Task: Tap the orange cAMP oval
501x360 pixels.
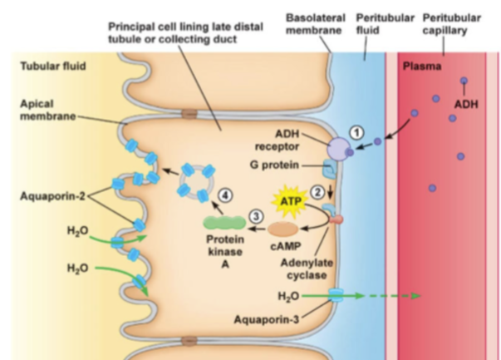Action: [282, 229]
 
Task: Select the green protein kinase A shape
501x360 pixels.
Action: [225, 223]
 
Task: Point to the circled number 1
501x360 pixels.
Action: [356, 133]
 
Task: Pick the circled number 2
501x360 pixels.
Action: [317, 192]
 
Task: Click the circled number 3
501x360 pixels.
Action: [256, 216]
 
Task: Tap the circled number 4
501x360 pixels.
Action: [225, 195]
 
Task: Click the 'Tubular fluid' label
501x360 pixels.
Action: [53, 67]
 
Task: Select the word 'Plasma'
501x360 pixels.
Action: [422, 67]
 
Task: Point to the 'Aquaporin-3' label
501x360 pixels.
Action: [267, 319]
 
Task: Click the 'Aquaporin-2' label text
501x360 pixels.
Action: [52, 196]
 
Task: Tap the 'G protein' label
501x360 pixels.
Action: [274, 165]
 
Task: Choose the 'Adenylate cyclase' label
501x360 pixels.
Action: [307, 269]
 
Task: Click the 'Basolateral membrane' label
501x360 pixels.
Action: [316, 24]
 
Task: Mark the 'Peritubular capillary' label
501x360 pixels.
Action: [451, 24]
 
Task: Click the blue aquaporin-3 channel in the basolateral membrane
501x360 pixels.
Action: [336, 295]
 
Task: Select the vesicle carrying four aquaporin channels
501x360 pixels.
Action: [196, 183]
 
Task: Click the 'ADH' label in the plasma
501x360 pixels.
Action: [466, 105]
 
